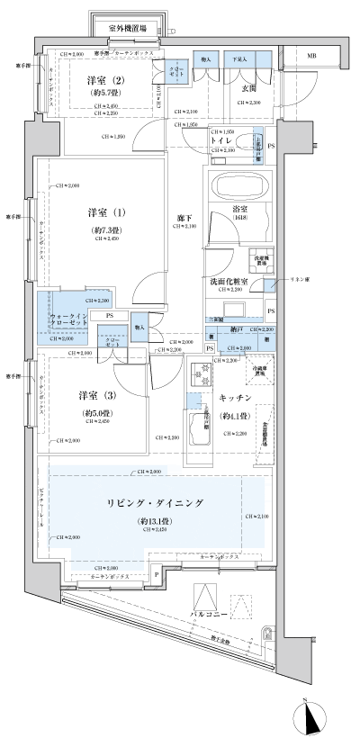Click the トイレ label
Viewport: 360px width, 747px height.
click(223, 141)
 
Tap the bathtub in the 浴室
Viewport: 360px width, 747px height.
click(235, 188)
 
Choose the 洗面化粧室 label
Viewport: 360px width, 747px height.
click(231, 281)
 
